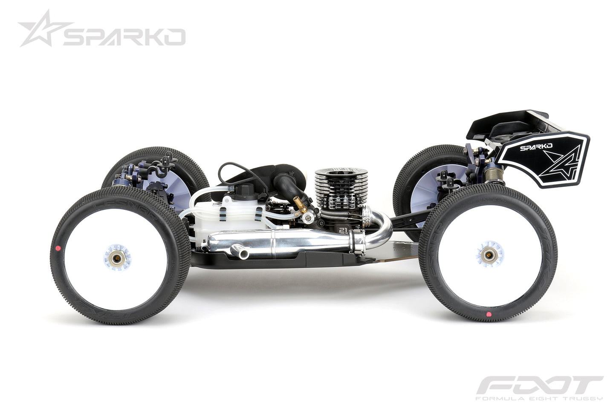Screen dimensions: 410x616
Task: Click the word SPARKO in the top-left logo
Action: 124,37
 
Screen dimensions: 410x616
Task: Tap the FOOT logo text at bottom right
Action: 539,387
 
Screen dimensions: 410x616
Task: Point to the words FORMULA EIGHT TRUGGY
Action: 539,399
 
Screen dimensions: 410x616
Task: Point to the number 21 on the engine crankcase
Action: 344,230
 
